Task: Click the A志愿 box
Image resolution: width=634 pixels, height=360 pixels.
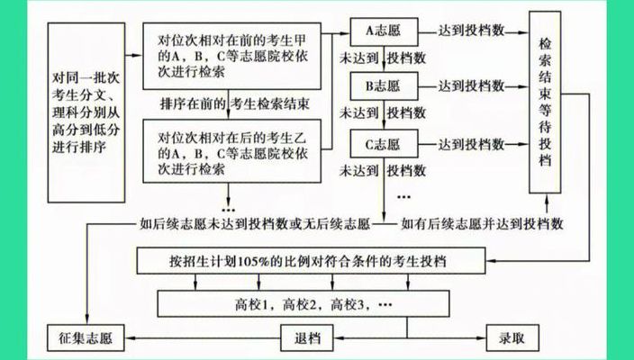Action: point(384,31)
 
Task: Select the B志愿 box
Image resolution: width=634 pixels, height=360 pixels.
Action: point(384,86)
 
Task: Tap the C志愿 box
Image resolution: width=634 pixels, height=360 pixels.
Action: point(384,143)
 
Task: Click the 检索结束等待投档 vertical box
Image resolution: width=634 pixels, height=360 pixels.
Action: point(545,103)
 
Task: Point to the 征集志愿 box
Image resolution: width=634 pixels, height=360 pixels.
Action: point(86,337)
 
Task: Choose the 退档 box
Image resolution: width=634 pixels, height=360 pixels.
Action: point(307,337)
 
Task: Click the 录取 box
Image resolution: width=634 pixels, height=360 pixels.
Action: point(512,337)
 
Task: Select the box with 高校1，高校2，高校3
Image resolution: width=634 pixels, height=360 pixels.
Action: point(303,303)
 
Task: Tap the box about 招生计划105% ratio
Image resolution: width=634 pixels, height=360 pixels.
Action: point(311,261)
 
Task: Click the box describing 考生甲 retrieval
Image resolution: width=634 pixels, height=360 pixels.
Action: point(232,56)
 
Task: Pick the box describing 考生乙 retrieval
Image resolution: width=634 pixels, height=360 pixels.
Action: point(232,150)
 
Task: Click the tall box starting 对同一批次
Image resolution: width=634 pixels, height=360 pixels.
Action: point(86,112)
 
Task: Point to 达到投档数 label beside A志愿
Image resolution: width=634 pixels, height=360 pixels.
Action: point(472,31)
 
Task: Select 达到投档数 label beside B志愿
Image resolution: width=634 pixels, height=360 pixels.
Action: point(472,86)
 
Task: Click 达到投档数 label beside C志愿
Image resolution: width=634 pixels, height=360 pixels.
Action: point(472,144)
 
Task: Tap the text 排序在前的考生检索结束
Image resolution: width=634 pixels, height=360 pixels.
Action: point(235,104)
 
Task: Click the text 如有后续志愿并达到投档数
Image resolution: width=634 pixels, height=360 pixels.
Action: point(482,223)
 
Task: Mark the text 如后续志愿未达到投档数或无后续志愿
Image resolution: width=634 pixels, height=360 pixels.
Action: point(255,223)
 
